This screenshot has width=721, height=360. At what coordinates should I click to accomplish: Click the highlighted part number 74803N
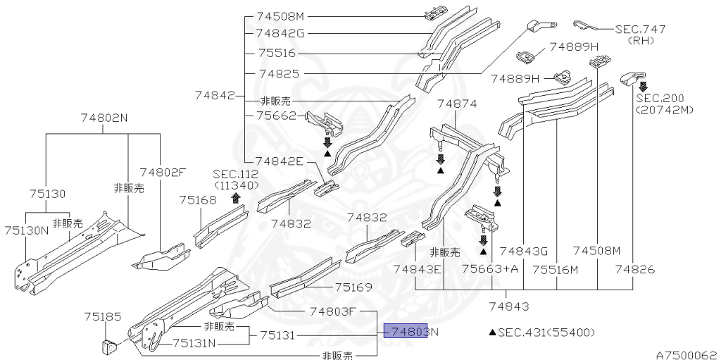click(x=410, y=332)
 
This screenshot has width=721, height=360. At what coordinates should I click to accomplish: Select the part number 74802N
click(x=103, y=118)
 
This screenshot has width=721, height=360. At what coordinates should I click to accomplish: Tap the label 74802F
click(x=163, y=171)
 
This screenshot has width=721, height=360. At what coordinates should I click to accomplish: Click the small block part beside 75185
click(x=109, y=346)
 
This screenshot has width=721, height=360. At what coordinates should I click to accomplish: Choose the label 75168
click(x=197, y=200)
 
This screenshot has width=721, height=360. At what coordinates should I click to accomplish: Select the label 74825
click(x=279, y=73)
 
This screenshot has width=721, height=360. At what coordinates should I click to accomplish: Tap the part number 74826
click(x=634, y=269)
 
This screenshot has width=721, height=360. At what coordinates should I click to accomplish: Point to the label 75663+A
click(x=490, y=269)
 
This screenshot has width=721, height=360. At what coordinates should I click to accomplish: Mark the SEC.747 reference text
click(x=640, y=30)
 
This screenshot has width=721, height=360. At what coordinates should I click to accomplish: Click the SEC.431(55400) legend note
click(x=541, y=332)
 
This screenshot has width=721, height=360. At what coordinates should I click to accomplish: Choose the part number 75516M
click(x=555, y=269)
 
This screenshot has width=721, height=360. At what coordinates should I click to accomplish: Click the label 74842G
click(x=280, y=32)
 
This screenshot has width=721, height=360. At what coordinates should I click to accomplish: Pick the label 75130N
click(x=26, y=230)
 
